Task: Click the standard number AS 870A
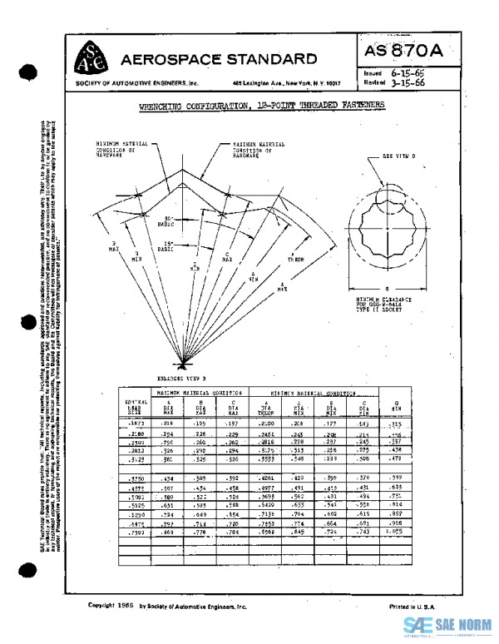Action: coord(403,51)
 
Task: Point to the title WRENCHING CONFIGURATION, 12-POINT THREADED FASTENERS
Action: coord(261,107)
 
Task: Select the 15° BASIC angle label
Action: coord(166,246)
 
